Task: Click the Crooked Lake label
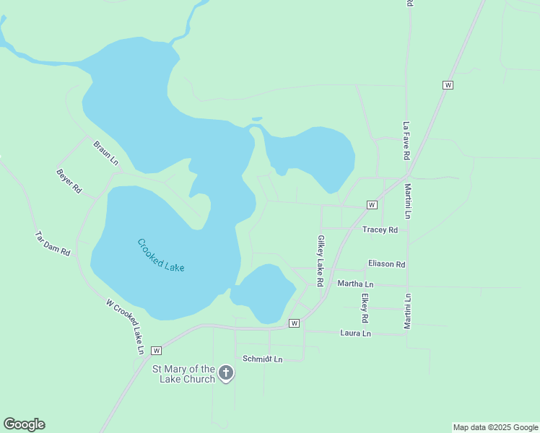coord(161,255)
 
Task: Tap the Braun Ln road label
coord(105,152)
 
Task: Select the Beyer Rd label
coord(69,181)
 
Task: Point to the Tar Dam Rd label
coord(53,244)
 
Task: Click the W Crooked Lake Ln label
coord(125,326)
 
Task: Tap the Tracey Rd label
coord(380,230)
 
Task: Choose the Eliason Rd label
coord(386,264)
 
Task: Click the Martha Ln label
coord(355,284)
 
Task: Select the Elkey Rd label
coord(365,307)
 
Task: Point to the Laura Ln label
coord(355,333)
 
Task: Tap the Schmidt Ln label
coord(262,359)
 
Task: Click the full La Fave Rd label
coord(407,140)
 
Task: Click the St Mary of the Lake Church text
coord(183,374)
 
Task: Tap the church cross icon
coord(226,373)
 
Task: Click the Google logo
coord(24,424)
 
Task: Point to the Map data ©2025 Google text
coord(495,427)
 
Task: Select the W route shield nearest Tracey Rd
coord(372,205)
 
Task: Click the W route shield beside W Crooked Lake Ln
coord(155,351)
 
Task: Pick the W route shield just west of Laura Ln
coord(294,323)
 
